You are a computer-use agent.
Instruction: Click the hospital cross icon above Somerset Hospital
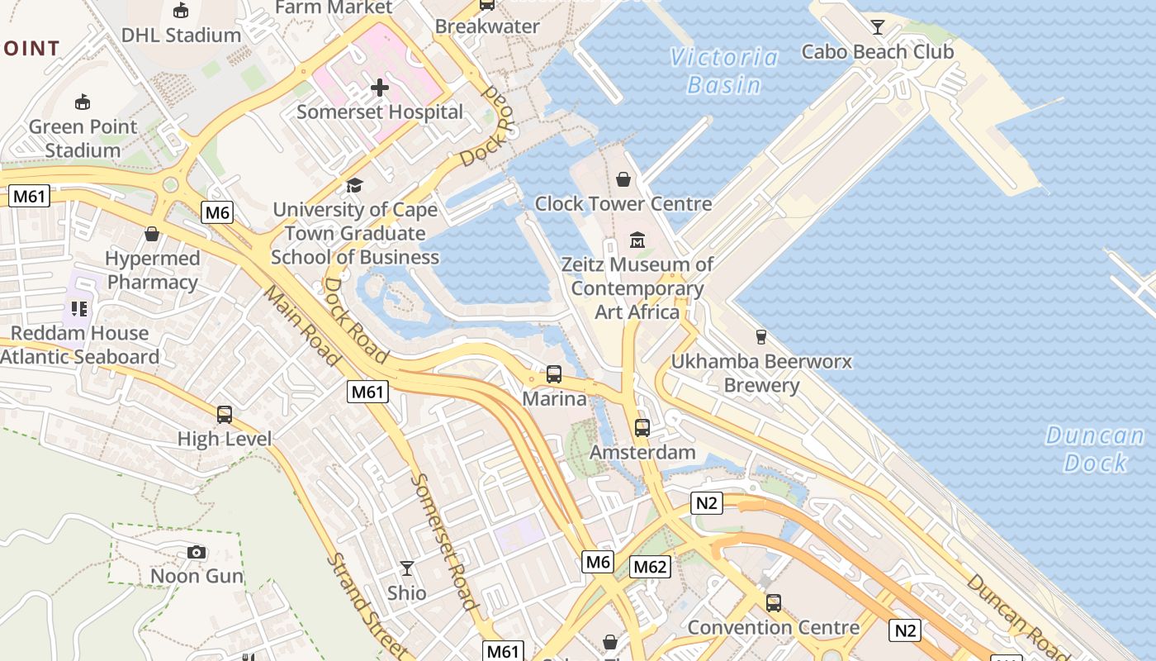(379, 87)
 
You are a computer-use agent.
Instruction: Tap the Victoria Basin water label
(724, 71)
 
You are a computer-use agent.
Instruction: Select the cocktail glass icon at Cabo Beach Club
(878, 27)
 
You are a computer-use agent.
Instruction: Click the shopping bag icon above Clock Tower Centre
(623, 179)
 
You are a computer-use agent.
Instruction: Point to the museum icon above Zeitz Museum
(637, 240)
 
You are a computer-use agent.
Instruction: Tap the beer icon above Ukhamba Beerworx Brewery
(760, 337)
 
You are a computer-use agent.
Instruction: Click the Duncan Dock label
(1095, 449)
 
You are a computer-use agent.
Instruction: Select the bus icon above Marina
(554, 374)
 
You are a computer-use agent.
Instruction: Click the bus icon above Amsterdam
(642, 428)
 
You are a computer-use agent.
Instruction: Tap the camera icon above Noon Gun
(197, 552)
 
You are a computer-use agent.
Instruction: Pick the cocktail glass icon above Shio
(407, 568)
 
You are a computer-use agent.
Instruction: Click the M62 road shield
(650, 567)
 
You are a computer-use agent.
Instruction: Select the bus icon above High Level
(225, 415)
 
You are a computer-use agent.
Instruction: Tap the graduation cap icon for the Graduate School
(354, 185)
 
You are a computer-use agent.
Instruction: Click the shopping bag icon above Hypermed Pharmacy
(152, 234)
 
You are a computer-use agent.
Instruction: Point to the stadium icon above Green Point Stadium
(82, 102)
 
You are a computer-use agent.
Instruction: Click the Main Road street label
(303, 326)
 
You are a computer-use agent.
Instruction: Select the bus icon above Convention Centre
(773, 603)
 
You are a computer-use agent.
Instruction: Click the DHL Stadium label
(181, 36)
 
